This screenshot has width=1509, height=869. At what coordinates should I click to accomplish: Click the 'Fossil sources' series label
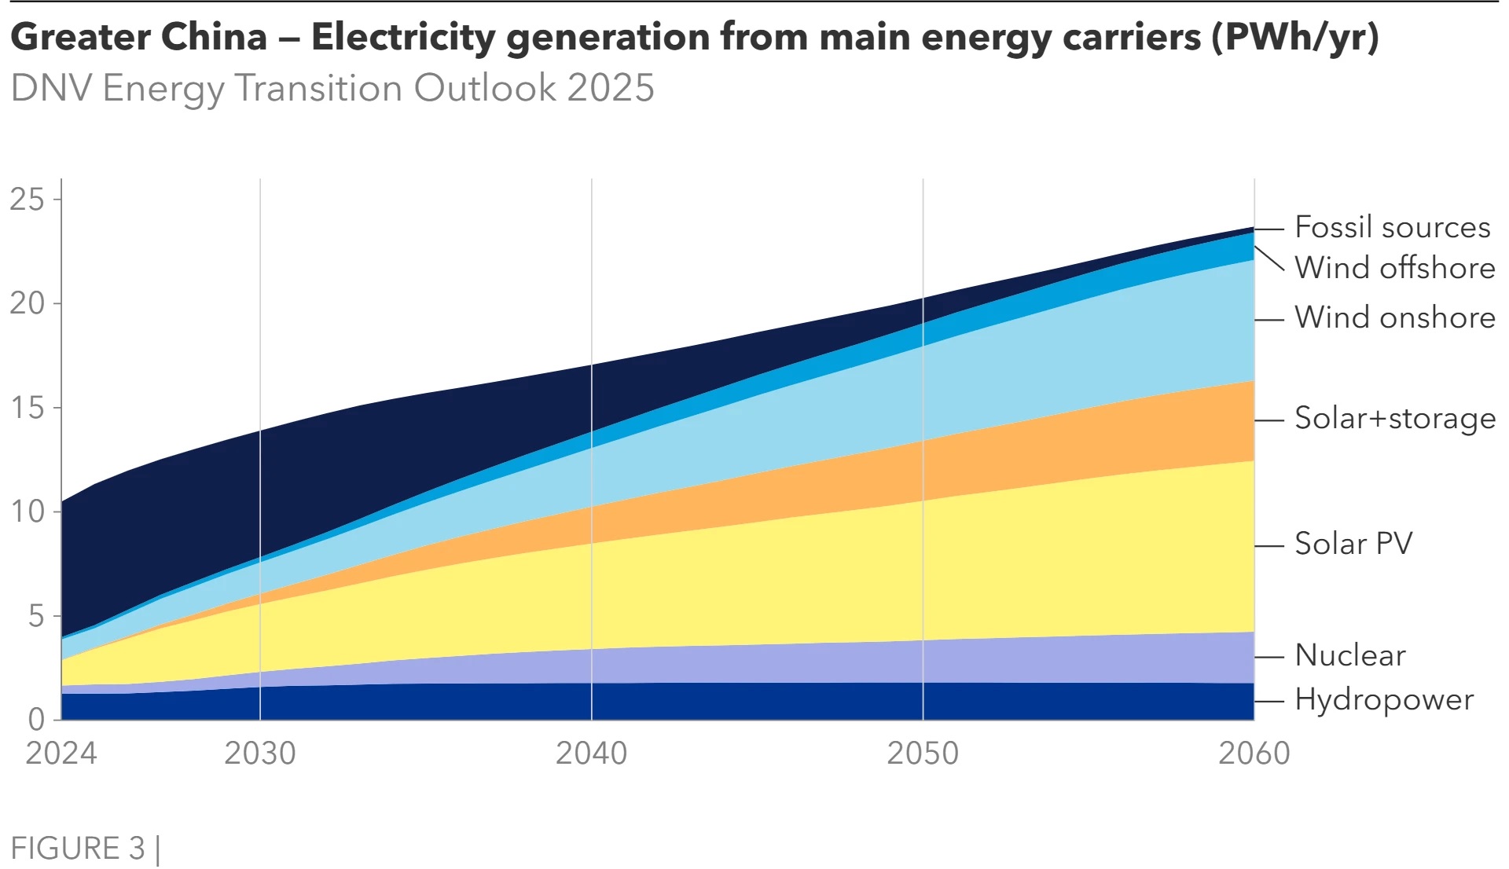(x=1392, y=227)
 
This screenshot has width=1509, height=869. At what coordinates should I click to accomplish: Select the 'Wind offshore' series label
(x=1394, y=268)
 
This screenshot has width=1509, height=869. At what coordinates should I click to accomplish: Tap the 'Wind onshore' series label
(x=1394, y=317)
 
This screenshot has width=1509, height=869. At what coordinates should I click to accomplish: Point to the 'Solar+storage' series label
(x=1394, y=418)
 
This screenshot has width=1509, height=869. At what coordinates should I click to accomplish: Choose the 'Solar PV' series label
(x=1353, y=544)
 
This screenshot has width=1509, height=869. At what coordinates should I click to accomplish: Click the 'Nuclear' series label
(x=1349, y=655)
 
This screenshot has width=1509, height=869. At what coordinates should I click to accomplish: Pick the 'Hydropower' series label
(x=1383, y=699)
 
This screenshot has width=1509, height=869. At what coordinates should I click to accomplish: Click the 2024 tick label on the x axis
(x=61, y=753)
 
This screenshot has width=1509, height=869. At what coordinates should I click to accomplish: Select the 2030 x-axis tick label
(x=260, y=753)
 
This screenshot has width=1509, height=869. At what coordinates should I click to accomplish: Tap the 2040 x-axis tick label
(x=592, y=753)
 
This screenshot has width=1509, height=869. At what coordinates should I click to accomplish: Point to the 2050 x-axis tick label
(x=923, y=753)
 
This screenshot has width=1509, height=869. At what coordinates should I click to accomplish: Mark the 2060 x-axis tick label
(x=1254, y=753)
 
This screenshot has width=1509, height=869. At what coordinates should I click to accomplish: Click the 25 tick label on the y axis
(x=28, y=200)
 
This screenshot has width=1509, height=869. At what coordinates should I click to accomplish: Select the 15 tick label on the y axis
(x=28, y=408)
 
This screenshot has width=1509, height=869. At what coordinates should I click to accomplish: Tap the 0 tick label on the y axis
(x=36, y=719)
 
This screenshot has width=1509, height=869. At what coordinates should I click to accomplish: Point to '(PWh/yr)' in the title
(x=1294, y=37)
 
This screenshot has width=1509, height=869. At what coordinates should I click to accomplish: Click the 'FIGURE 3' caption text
(x=78, y=849)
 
